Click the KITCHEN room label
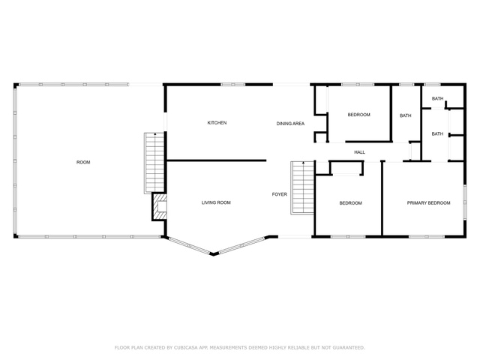pos(217,123)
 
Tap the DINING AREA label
pos(290,124)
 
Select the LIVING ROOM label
pos(216,202)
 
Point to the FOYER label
pos(280,194)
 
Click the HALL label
pos(360,152)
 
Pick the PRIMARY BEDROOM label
pos(428,202)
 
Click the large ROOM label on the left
pos(83,162)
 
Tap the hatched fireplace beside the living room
pos(159,206)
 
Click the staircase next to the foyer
pos(302,187)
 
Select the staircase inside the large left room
pos(154,163)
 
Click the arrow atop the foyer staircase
pos(303,163)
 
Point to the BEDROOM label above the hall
pos(358,115)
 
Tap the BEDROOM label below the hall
pos(350,203)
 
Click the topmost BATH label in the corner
pos(437,98)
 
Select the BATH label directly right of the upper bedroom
pos(405,115)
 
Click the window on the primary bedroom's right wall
pos(465,202)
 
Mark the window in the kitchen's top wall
pos(232,84)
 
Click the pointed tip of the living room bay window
pos(214,254)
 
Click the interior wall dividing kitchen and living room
pos(216,160)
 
